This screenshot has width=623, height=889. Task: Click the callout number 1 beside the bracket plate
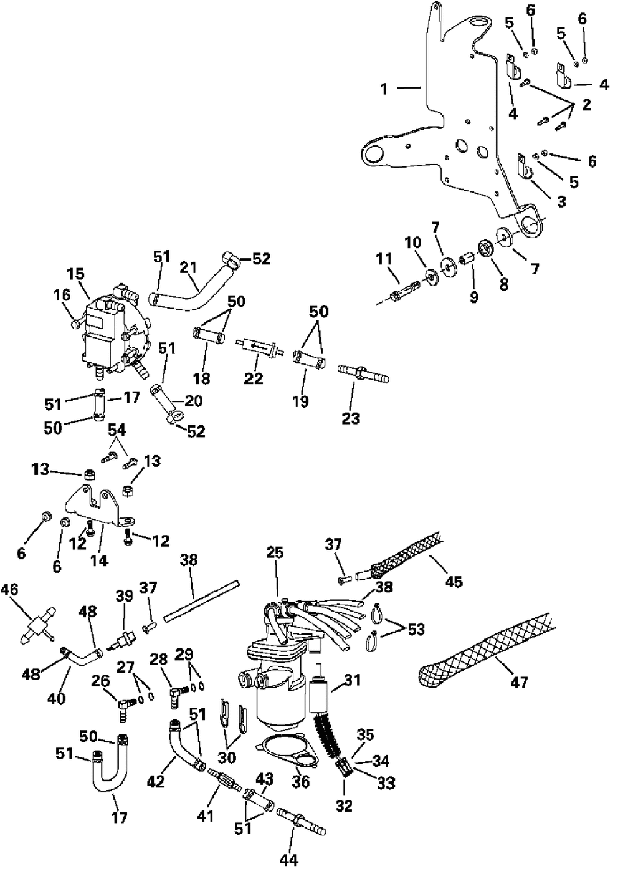pyautogui.click(x=384, y=89)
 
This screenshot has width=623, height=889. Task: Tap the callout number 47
pyautogui.click(x=518, y=683)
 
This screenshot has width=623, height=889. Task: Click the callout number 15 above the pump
pyautogui.click(x=76, y=274)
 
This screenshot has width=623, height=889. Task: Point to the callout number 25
pyautogui.click(x=275, y=552)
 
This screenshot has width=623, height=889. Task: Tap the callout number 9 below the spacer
pyautogui.click(x=474, y=297)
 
